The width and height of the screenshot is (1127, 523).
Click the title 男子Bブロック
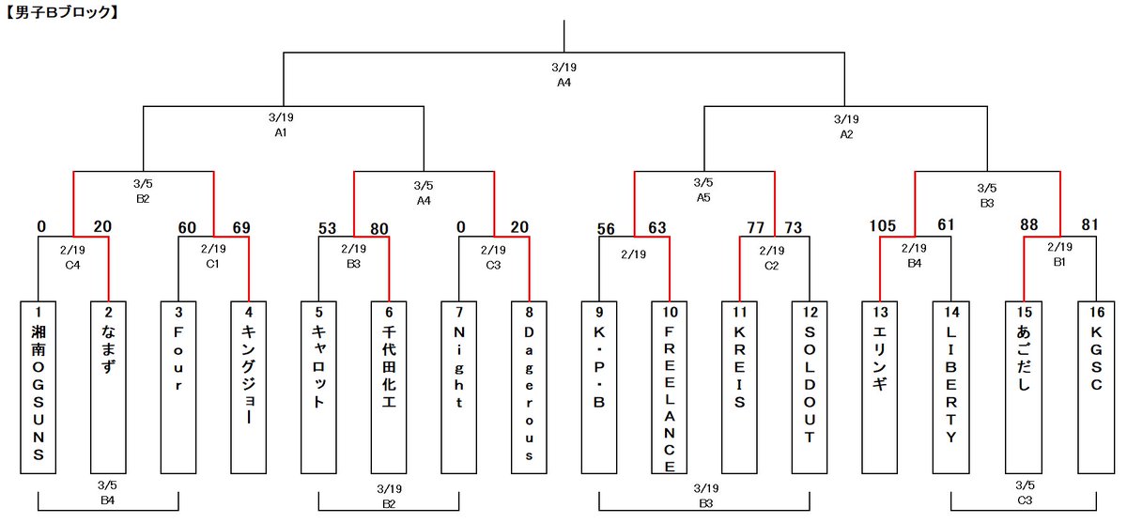pyautogui.click(x=60, y=13)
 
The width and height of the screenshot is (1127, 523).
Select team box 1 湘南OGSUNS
pyautogui.click(x=39, y=388)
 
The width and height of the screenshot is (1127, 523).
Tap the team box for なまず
pyautogui.click(x=109, y=388)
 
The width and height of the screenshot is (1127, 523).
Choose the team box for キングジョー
pyautogui.click(x=249, y=388)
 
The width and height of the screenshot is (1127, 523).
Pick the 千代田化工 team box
pyautogui.click(x=389, y=388)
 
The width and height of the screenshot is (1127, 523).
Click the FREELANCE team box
pyautogui.click(x=670, y=388)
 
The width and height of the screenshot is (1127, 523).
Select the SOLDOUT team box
pyautogui.click(x=810, y=388)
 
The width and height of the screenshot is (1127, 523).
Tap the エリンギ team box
pyautogui.click(x=880, y=388)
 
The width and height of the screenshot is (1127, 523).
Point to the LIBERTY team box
pyautogui.click(x=950, y=388)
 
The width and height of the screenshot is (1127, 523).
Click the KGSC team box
pyautogui.click(x=1095, y=388)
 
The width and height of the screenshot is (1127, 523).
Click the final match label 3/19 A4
pyautogui.click(x=563, y=75)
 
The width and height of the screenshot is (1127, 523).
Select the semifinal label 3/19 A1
pyautogui.click(x=280, y=127)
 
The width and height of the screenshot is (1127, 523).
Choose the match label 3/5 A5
pyautogui.click(x=703, y=191)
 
